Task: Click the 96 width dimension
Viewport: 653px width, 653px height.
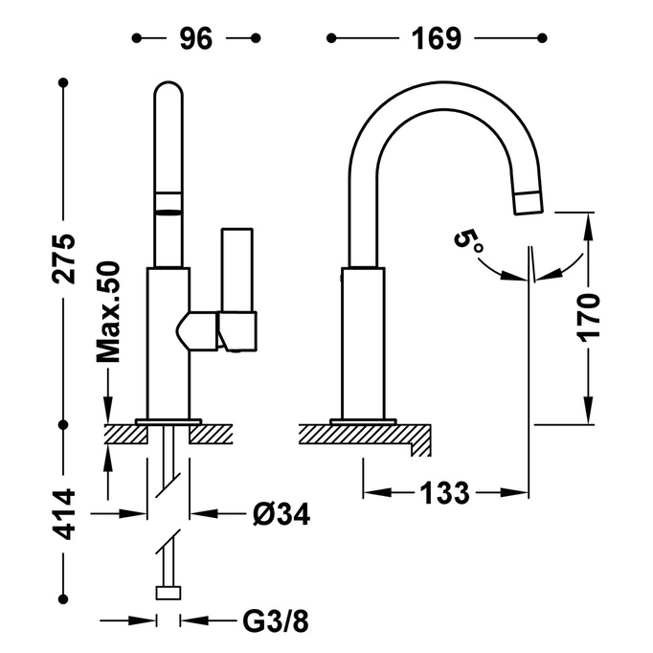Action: point(196,38)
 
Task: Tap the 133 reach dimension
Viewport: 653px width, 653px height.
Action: point(445,494)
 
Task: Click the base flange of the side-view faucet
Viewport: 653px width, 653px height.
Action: point(362,420)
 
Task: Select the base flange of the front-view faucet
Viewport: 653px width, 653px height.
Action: point(169,420)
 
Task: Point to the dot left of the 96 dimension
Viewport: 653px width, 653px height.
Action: point(137,38)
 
